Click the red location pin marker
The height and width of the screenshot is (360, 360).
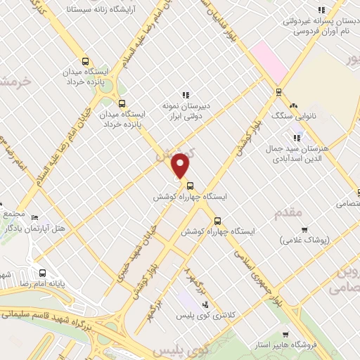click(x=181, y=165)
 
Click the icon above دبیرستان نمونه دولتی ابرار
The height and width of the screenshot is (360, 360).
click(x=186, y=95)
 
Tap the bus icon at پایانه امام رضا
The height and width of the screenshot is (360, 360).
click(x=43, y=273)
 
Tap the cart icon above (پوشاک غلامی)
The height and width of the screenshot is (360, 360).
click(x=304, y=229)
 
